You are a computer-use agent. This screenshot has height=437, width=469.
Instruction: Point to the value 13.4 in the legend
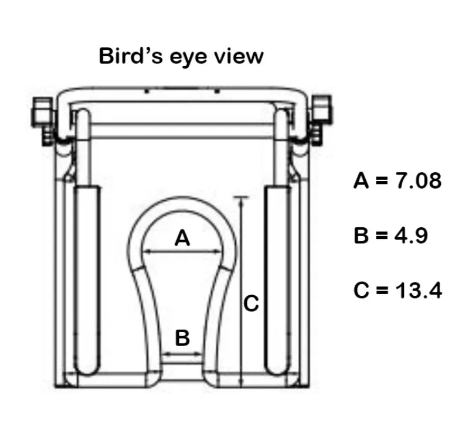click(417, 290)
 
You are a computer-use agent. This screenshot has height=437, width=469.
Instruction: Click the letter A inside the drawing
click(183, 238)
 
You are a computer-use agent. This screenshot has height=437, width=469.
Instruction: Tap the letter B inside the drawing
click(182, 338)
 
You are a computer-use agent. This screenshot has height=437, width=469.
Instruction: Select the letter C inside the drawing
click(251, 305)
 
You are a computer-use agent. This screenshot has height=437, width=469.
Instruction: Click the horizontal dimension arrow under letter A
click(183, 252)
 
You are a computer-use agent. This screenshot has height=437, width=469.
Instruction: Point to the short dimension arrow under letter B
click(182, 353)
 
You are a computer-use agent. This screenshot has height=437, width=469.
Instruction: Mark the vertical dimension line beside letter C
click(240, 293)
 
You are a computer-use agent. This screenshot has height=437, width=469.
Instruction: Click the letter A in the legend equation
click(362, 180)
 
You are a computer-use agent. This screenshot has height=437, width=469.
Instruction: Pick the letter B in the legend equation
click(362, 235)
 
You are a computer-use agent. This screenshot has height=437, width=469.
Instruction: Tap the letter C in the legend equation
click(362, 290)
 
